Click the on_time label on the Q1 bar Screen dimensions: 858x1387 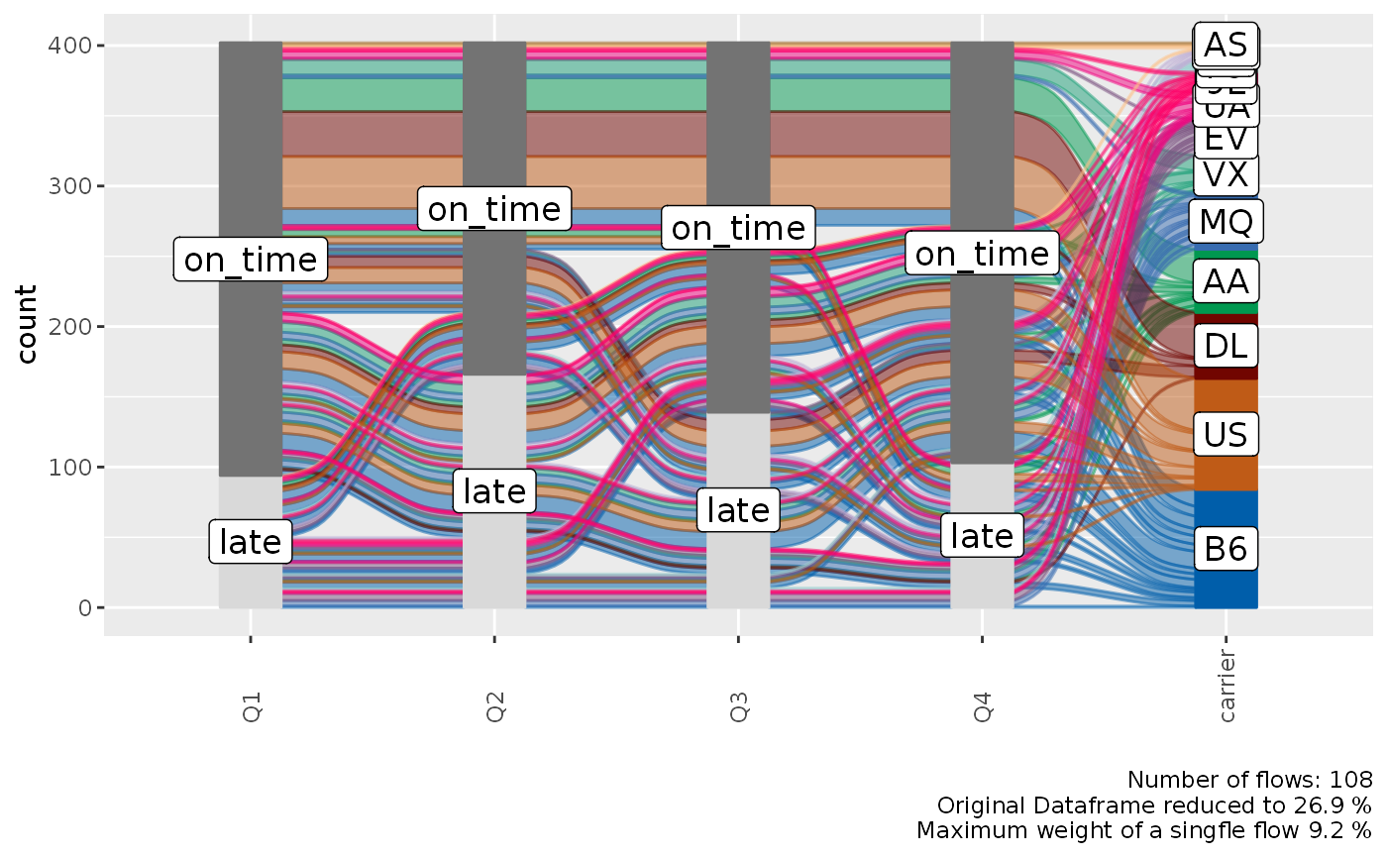coord(251,260)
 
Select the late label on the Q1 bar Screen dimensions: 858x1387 coord(251,542)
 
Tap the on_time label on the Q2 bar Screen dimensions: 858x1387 coord(494,209)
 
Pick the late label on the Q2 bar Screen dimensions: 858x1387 coord(494,490)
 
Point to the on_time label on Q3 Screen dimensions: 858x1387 coord(738,229)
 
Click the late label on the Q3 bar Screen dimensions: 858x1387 coord(738,510)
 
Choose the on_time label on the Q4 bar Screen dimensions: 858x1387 coord(982,255)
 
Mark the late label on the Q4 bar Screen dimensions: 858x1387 coord(982,536)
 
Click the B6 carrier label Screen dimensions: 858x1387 coord(1226,549)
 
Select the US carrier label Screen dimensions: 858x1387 coord(1226,434)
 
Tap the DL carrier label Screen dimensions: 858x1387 coord(1226,346)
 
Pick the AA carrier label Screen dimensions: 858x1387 coord(1226,283)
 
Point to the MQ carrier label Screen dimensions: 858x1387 coord(1226,221)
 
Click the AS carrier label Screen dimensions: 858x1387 coord(1226,45)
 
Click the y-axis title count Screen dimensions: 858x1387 coord(28,325)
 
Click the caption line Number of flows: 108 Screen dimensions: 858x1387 coord(1249,779)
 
